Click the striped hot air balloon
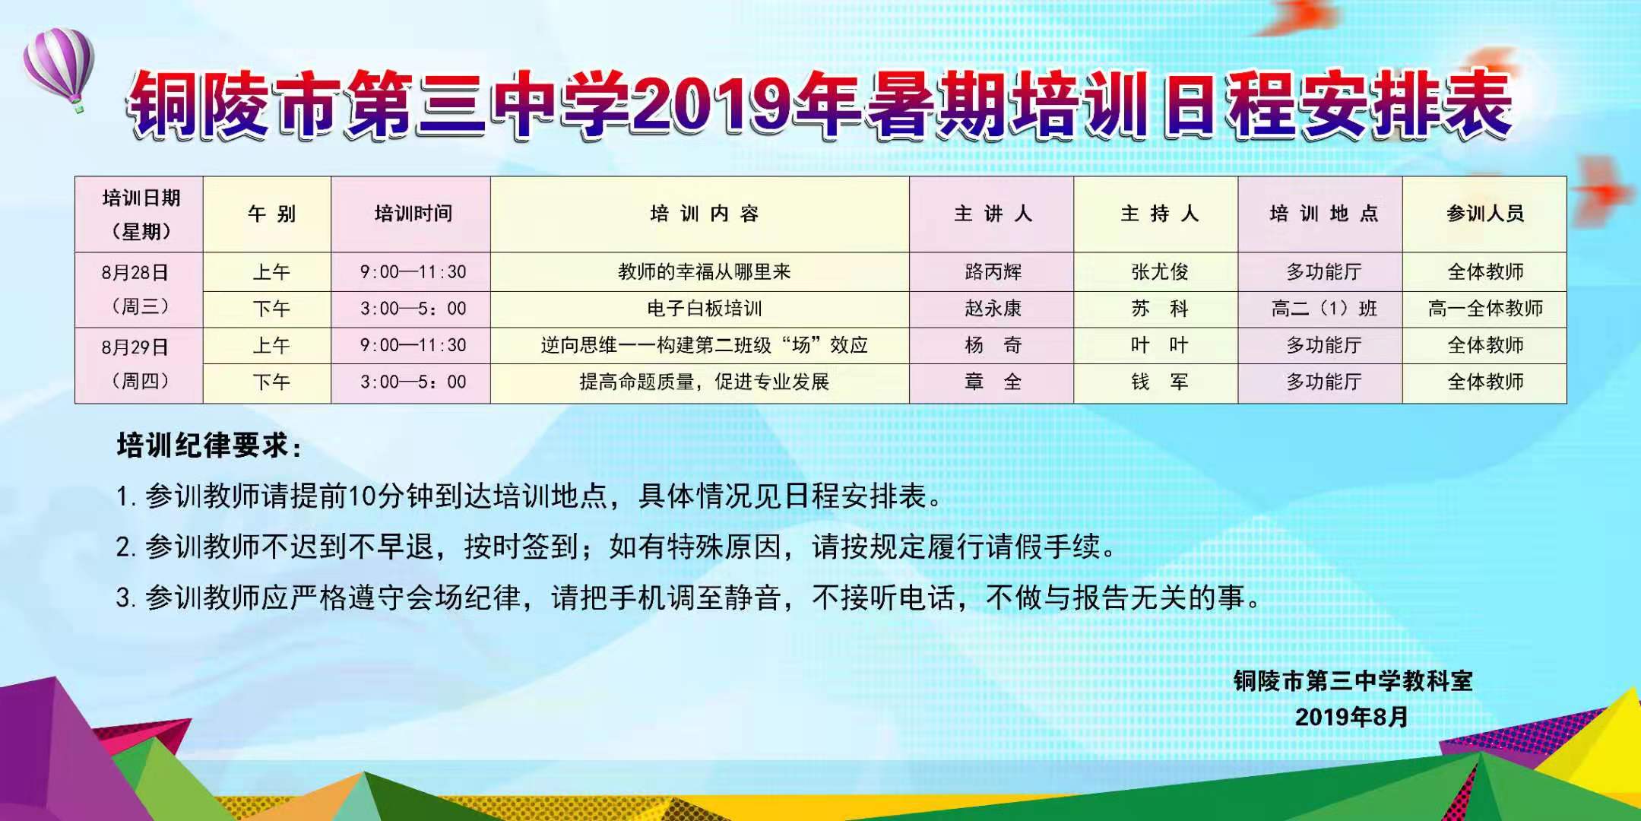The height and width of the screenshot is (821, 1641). [x=59, y=66]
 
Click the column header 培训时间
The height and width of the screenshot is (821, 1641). [x=413, y=214]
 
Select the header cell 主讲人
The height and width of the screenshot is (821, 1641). [x=993, y=214]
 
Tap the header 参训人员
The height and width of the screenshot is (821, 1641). [x=1485, y=214]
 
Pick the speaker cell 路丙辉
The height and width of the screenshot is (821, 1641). [x=993, y=271]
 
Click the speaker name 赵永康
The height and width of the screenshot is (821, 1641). [x=993, y=308]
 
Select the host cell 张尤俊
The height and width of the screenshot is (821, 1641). [x=1159, y=271]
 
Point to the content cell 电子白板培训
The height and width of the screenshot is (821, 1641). [x=704, y=308]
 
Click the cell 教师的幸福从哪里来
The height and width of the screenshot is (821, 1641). [x=704, y=271]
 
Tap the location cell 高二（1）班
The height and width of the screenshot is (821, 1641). [x=1324, y=308]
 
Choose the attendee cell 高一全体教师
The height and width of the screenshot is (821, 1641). [x=1485, y=308]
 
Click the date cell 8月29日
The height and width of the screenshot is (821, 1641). [x=135, y=347]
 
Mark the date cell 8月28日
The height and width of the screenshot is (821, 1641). [x=135, y=272]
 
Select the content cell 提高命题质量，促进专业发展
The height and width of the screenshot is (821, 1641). [x=704, y=382]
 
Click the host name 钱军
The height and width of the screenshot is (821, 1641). [x=1159, y=382]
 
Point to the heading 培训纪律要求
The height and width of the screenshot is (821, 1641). [x=209, y=445]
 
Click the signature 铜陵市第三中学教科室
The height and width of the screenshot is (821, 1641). [x=1353, y=680]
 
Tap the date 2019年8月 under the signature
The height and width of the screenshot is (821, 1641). [x=1352, y=717]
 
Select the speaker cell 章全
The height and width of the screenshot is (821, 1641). [x=993, y=382]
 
